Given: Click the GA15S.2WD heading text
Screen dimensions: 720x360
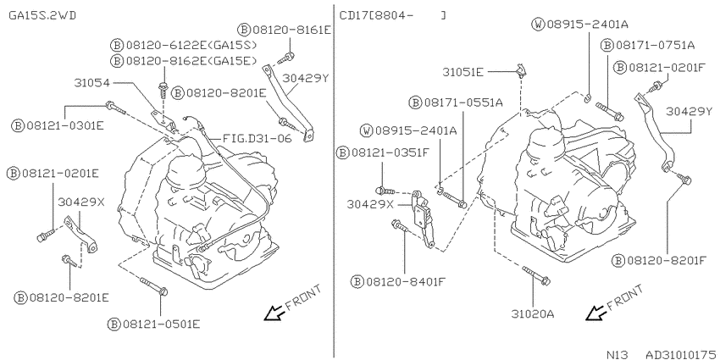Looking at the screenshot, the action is pos(42,15).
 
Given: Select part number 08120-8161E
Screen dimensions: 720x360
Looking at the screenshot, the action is pos(291,30).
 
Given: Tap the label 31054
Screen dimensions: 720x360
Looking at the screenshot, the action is pos(91,83).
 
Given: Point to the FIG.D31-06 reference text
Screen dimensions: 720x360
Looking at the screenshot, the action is pos(258,138).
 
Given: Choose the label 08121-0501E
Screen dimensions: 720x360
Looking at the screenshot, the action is pos(161,324).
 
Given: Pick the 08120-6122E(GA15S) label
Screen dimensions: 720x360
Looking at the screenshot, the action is pos(191,45).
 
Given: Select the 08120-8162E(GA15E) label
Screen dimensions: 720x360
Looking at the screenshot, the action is pos(191,60).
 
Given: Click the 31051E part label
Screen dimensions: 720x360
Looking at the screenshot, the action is pos(462,72).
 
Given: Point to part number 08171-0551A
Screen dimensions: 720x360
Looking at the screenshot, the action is pos(462,102).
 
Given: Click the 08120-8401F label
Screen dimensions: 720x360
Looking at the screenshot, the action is pos(406,281).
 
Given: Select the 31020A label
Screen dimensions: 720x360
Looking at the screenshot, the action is pos(533,314).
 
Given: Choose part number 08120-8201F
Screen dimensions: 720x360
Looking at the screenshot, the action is pos(667,261).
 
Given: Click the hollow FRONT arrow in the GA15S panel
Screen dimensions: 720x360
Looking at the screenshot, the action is pos(274,313).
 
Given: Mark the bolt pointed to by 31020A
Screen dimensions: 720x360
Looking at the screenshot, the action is pos(536,274).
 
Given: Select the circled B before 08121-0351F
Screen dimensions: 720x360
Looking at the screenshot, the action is pos(342,152).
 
